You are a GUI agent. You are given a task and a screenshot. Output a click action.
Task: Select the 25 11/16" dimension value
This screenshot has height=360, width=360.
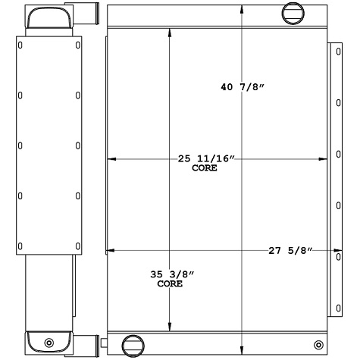205,159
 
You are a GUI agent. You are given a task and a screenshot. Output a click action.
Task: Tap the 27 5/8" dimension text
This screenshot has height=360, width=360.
290,250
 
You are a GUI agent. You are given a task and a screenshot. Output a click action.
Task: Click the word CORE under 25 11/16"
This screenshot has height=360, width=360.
205,168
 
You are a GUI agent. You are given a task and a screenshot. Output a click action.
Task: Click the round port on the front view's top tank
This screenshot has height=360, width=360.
292,12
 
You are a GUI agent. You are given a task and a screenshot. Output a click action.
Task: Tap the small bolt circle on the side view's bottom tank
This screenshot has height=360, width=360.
50,342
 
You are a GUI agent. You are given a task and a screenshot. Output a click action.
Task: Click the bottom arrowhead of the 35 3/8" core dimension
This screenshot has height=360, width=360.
168,324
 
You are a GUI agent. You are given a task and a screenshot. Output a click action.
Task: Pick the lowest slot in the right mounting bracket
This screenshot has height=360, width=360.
336,306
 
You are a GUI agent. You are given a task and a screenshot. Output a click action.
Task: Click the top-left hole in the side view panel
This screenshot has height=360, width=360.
20,44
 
